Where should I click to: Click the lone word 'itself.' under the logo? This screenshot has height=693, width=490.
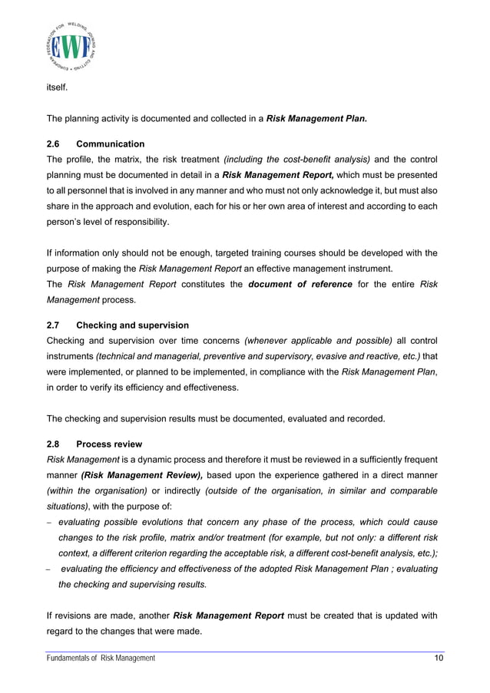pos(58,88)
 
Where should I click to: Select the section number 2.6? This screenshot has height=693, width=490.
pos(55,144)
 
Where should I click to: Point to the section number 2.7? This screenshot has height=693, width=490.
pos(55,325)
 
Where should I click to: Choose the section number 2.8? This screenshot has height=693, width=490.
pos(55,444)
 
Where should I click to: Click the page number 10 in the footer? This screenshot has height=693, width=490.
pos(438,658)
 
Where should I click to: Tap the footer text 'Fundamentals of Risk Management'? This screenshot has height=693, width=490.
pos(101,658)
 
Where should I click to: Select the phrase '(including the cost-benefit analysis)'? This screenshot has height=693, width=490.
pos(296,160)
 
